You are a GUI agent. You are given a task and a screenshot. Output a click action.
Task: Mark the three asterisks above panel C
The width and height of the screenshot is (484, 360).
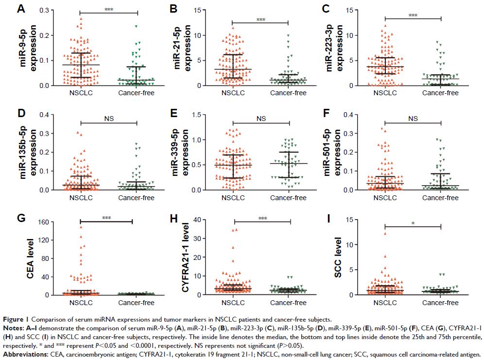pyautogui.click(x=413, y=15)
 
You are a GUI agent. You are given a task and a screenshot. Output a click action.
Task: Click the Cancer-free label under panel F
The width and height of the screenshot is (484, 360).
pyautogui.click(x=440, y=198)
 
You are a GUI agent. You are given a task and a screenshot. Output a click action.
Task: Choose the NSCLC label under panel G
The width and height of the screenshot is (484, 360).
pyautogui.click(x=79, y=303)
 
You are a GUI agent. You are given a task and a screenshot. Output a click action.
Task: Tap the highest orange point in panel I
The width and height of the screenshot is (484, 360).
pyautogui.click(x=385, y=234)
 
